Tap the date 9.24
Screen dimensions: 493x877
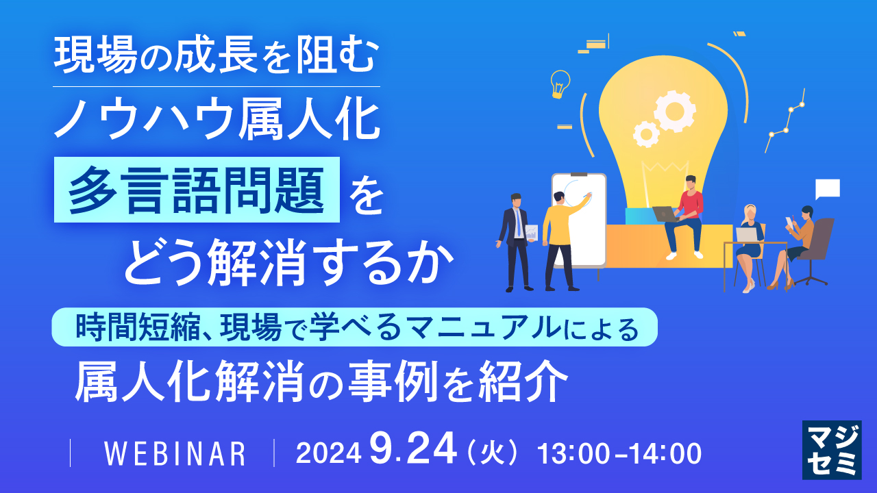[x=413, y=451]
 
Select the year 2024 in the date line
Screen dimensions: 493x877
[x=328, y=453]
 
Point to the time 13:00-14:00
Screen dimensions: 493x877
[x=620, y=453]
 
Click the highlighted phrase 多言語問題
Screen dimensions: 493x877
[x=197, y=190]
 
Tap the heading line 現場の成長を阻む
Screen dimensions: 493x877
[x=216, y=59]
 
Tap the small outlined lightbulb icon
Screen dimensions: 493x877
[x=560, y=84]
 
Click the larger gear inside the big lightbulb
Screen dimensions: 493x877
[x=674, y=110]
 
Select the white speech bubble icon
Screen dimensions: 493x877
[x=828, y=188]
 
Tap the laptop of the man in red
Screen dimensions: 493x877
[x=665, y=213]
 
